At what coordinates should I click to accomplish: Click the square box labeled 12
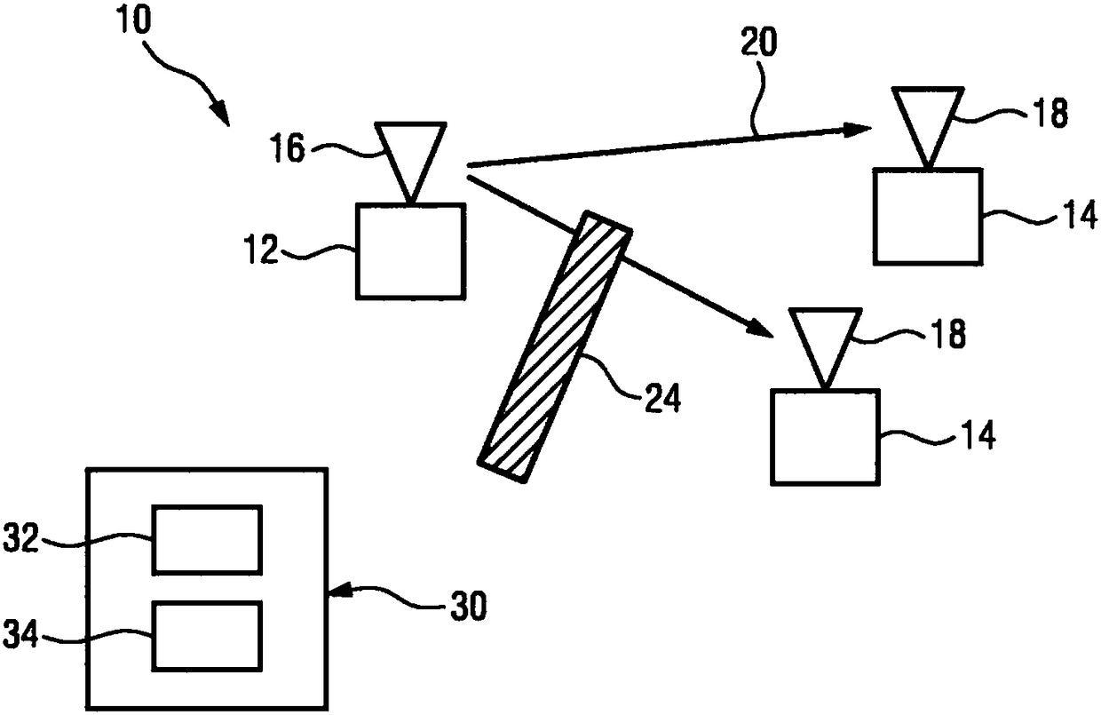410,251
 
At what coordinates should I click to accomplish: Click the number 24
661,400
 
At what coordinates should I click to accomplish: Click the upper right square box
927,216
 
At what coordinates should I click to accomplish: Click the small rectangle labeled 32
208,539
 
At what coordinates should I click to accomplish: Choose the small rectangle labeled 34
208,635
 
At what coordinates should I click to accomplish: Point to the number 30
463,608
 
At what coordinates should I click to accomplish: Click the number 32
20,537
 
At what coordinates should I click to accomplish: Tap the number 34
20,634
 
